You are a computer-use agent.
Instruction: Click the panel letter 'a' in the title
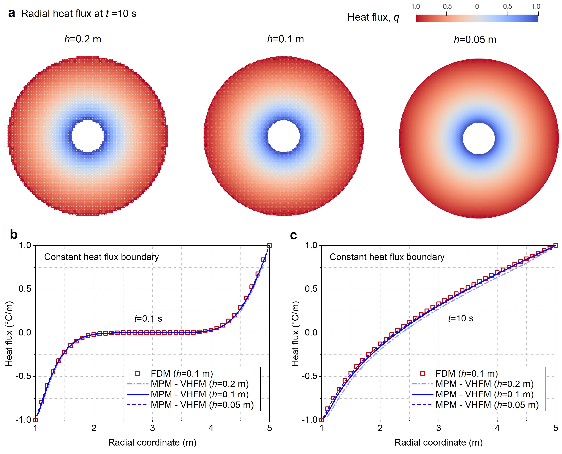point(11,14)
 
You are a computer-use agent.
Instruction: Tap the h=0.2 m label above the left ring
point(83,39)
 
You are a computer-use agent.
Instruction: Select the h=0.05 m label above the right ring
point(475,40)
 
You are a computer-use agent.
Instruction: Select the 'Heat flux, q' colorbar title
point(373,18)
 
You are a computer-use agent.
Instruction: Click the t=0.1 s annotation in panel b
point(148,319)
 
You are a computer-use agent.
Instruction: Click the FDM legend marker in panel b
point(138,373)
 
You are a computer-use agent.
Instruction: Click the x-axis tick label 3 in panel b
point(152,428)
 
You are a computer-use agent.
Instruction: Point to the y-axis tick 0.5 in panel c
point(311,289)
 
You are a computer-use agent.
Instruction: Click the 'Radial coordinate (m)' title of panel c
point(438,443)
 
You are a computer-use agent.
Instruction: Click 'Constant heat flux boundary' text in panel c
point(387,257)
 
